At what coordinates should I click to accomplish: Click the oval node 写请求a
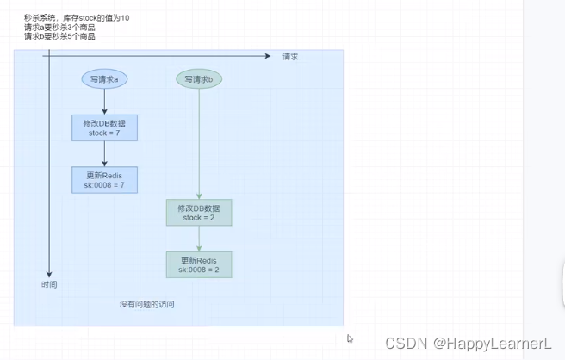pos(104,79)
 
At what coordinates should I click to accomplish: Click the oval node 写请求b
pos(199,79)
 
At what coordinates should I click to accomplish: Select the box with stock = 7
pos(104,128)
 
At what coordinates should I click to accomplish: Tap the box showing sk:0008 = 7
pos(104,179)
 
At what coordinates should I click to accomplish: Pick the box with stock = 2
pos(199,213)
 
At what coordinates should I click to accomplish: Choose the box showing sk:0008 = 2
pos(199,264)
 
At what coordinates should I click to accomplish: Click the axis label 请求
pos(290,57)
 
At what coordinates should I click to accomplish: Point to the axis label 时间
pos(49,284)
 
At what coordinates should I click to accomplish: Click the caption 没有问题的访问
pos(152,304)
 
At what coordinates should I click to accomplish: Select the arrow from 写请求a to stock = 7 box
pos(104,102)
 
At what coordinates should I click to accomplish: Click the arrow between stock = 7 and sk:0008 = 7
pos(104,154)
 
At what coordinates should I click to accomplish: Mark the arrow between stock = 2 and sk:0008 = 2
pos(199,239)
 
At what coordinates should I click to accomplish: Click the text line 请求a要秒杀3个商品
pos(59,27)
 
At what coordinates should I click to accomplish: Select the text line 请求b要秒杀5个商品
pos(59,36)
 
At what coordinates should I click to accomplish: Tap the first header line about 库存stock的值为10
pos(77,17)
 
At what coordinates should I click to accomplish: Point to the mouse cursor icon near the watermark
pos(350,338)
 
